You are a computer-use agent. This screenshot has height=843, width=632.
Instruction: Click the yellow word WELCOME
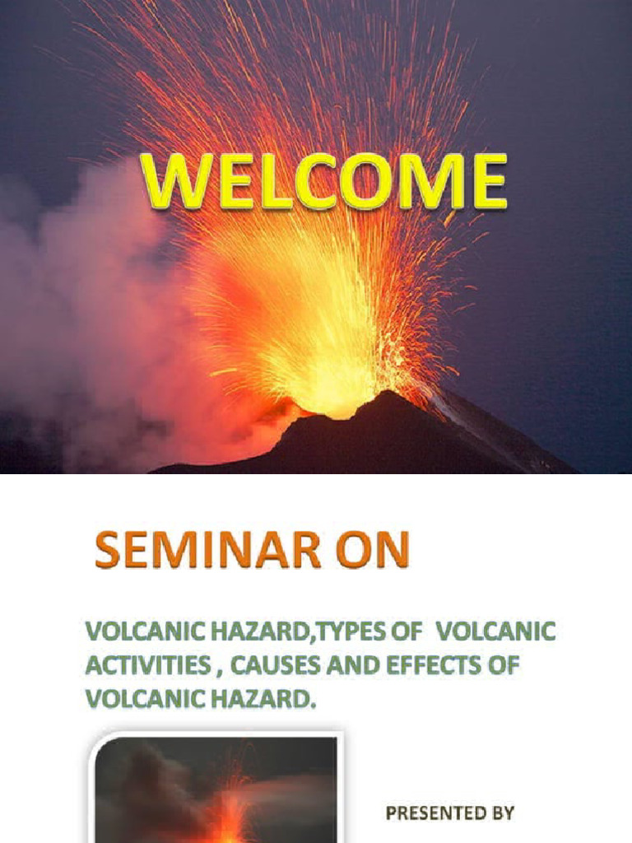(323, 182)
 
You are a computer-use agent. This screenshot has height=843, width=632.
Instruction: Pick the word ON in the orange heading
(374, 552)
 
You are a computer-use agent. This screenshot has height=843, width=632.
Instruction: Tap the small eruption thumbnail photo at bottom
(216, 790)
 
